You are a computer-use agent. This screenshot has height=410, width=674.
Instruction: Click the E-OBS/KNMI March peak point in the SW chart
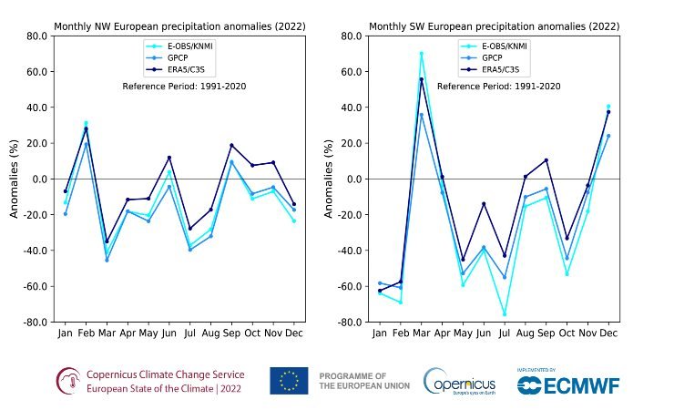pos(421,54)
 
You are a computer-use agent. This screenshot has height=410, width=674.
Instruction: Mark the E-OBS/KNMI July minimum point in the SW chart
pos(505,314)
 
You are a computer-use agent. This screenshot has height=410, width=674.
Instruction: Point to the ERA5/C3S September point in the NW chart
pos(231,145)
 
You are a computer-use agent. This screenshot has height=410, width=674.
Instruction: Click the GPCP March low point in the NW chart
pos(107,260)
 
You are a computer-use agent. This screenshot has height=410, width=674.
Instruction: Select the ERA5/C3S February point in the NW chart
pos(87,128)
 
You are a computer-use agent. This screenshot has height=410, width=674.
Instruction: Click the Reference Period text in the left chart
pos(184,87)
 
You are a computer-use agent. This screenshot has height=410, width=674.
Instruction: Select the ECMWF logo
pos(568,384)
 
